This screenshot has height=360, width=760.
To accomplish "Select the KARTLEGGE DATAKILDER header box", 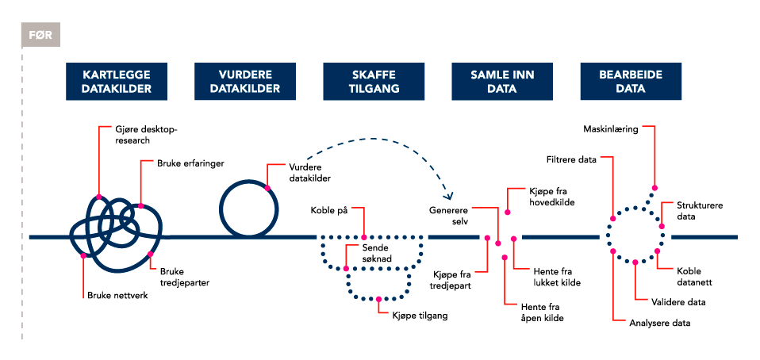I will [x=117, y=82].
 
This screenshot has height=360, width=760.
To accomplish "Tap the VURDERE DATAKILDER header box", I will [x=245, y=82].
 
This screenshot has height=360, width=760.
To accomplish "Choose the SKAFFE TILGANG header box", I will [x=374, y=82].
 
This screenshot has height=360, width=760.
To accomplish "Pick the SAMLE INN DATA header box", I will [x=502, y=82].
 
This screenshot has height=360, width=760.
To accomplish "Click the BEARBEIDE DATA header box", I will [x=631, y=82].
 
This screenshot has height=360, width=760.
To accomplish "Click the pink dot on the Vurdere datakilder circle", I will [x=267, y=188].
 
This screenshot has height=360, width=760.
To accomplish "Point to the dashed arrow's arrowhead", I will [x=448, y=196].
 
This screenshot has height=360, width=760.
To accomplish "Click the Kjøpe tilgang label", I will [x=420, y=316].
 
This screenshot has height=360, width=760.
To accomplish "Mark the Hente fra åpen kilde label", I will [x=543, y=312].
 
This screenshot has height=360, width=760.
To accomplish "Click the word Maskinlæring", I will [x=611, y=128].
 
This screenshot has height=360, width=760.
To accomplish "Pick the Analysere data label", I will [x=659, y=323].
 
